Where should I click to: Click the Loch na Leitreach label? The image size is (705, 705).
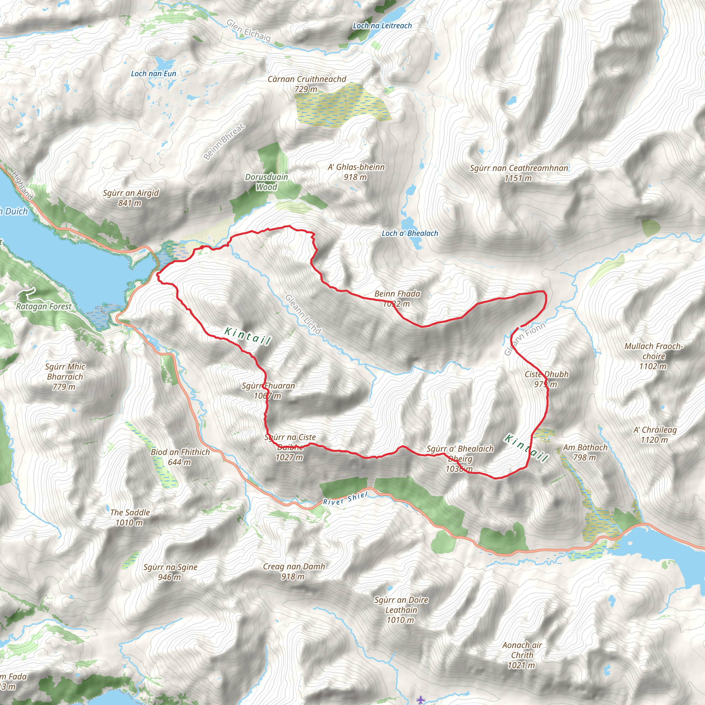[x=382, y=25]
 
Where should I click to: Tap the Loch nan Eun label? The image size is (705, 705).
[x=153, y=74]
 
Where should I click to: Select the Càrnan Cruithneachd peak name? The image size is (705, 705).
[x=307, y=79]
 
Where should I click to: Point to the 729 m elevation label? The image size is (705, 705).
[x=306, y=90]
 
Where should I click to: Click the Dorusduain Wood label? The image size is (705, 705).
[x=266, y=182]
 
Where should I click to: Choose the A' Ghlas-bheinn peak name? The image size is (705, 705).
[x=356, y=167]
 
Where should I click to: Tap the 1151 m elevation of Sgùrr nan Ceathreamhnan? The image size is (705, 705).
[x=518, y=178]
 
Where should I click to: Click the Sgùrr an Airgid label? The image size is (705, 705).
[x=130, y=193]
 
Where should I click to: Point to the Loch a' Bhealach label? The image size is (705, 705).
[x=410, y=233]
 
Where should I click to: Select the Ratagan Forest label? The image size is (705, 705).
[x=44, y=306]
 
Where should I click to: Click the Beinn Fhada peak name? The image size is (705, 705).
[x=397, y=294]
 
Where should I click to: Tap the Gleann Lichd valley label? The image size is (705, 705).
[x=303, y=314]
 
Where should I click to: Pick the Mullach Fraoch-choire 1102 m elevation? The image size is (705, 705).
[x=653, y=366]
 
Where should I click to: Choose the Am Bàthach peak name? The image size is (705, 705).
[x=585, y=448]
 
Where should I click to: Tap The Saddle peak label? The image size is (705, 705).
[x=130, y=513]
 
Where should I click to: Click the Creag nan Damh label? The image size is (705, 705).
[x=294, y=567]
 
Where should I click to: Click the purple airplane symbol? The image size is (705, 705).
[x=421, y=700]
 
